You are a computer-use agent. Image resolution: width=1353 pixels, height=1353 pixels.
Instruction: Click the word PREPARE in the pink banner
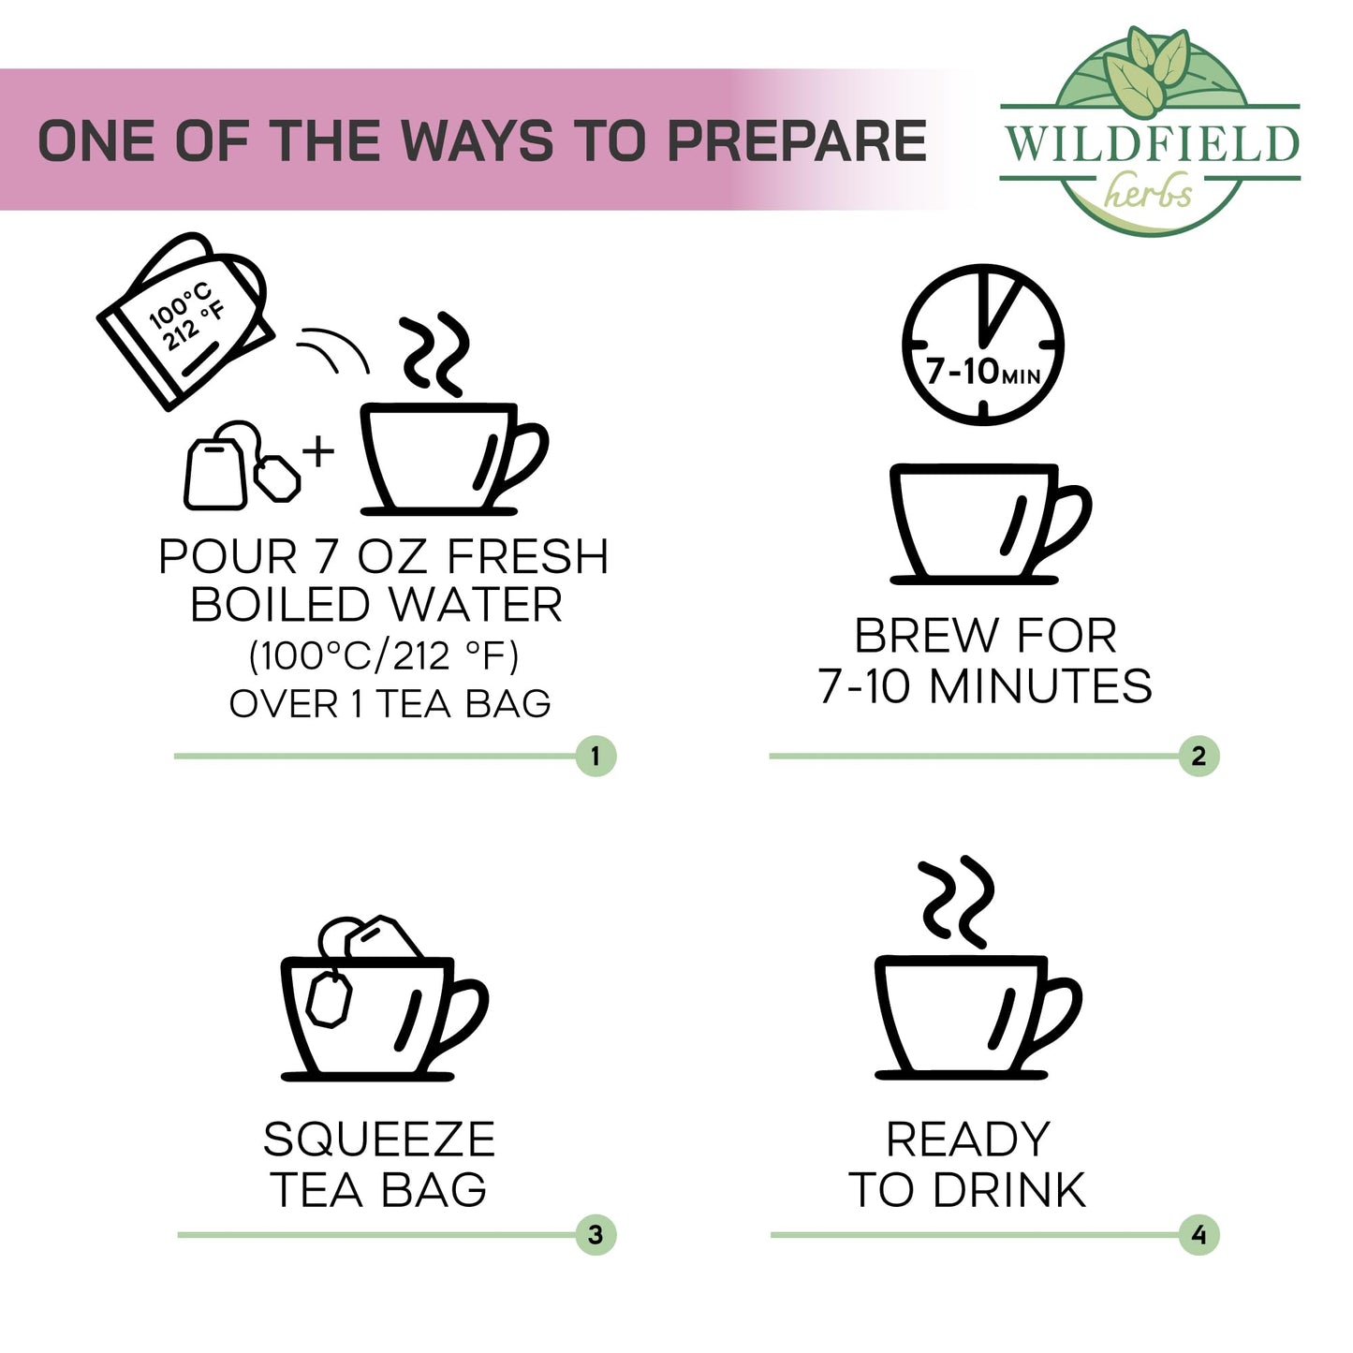click(x=797, y=141)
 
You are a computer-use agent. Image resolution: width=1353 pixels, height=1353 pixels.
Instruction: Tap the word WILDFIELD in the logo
click(x=1152, y=144)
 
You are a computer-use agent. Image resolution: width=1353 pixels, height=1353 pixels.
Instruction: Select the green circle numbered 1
click(x=596, y=757)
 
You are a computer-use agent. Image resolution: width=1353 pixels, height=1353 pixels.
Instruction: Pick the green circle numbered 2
click(x=1199, y=757)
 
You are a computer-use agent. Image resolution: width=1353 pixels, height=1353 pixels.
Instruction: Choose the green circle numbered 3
click(x=596, y=1235)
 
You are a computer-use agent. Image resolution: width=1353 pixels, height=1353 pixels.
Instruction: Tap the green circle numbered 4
click(x=1199, y=1235)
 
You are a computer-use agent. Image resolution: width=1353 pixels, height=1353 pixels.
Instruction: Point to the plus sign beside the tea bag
click(x=318, y=450)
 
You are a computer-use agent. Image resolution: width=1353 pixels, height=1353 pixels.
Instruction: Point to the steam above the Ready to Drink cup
click(x=956, y=902)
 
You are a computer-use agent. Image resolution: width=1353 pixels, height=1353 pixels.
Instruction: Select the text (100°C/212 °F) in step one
click(x=384, y=656)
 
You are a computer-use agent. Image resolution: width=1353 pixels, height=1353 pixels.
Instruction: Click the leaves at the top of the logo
click(x=1147, y=70)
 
